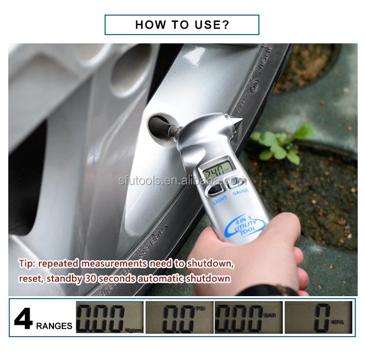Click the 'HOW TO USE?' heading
[182, 25]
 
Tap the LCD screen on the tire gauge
[217, 172]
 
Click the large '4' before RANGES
[23, 319]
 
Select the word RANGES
[54, 326]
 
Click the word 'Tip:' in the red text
[27, 264]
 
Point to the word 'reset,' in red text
[31, 279]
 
